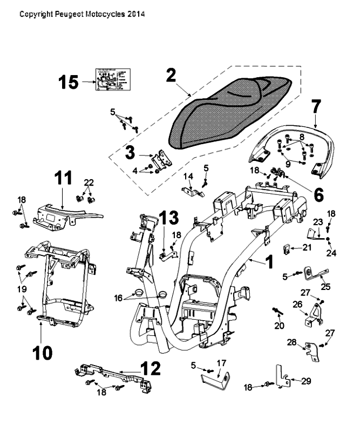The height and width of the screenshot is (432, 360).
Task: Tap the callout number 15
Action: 69,83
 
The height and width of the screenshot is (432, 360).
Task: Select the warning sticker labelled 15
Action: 112,82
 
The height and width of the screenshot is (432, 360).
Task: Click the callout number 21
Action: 307,247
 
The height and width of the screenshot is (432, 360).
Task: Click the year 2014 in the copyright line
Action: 135,13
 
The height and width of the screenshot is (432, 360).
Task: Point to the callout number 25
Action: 325,286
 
